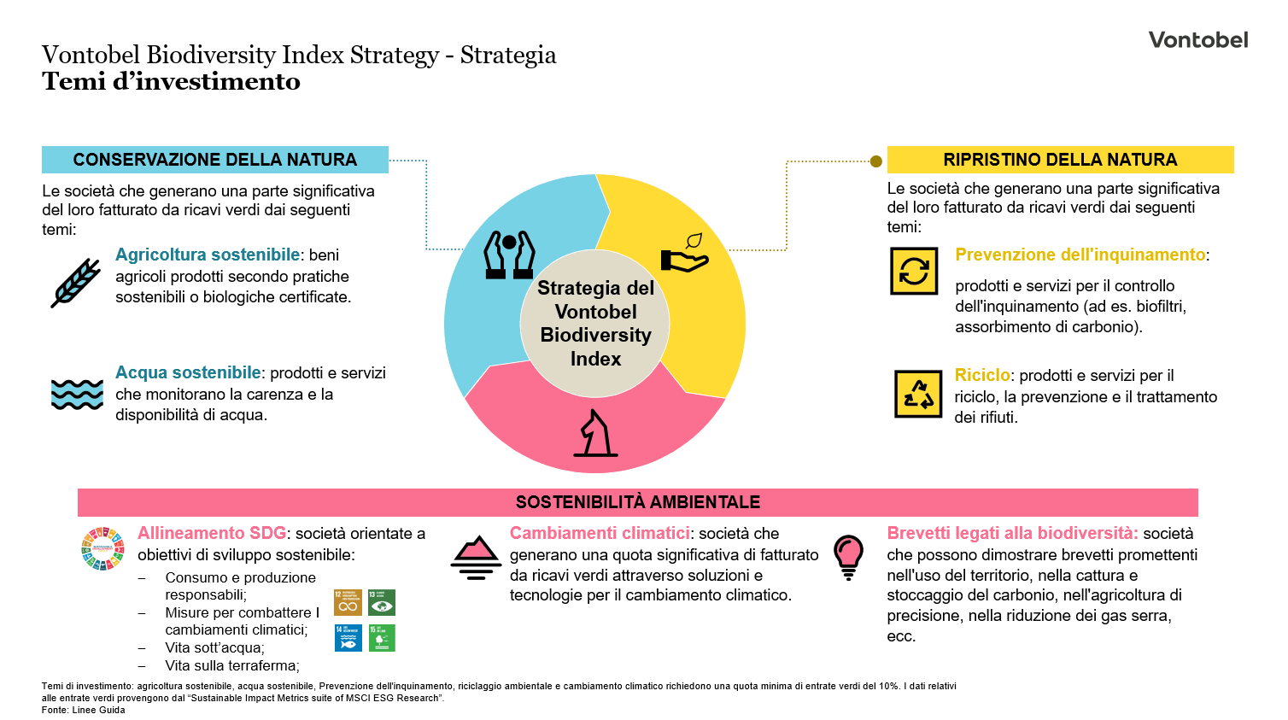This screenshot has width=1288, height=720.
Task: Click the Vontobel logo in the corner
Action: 1197,40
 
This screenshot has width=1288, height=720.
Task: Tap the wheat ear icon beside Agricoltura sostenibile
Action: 76,283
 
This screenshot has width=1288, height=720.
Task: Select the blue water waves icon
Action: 77,395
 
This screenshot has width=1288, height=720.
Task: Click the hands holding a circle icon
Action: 509,255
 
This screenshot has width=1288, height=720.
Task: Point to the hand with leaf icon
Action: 685,254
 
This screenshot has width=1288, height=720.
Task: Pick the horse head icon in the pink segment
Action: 596,433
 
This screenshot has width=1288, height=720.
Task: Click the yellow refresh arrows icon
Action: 914,272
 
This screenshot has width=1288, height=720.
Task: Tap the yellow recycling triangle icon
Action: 918,394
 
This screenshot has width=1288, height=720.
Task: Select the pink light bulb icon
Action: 848,556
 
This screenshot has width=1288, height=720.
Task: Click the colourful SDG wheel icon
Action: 102,548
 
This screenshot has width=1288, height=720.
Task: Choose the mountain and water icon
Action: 476,558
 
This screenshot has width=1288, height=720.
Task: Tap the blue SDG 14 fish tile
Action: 348,638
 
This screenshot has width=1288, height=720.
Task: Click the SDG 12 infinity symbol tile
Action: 348,602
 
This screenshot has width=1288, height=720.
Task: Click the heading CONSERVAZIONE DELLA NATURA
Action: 214,160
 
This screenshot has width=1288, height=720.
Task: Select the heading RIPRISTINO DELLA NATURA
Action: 1060,160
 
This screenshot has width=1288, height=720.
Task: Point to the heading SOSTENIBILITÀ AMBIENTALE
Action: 637,502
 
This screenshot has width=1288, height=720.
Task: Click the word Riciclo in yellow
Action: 982,376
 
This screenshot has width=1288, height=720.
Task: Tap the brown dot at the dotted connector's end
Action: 875,161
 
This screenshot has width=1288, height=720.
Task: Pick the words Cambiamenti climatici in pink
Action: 600,534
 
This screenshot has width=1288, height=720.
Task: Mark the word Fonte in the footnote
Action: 55,710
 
